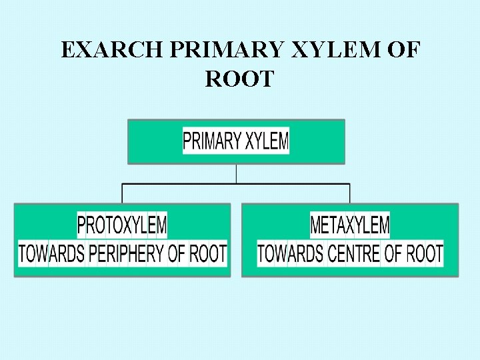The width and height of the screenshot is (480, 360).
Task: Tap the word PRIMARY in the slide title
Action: pyautogui.click(x=203, y=51)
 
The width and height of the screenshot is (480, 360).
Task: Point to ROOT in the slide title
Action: pyautogui.click(x=239, y=79)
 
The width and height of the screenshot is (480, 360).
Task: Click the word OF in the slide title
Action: pyautogui.click(x=402, y=51)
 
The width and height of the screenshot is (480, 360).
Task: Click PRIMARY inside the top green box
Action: pyautogui.click(x=212, y=141)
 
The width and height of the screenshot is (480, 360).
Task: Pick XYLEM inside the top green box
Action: pyautogui.click(x=266, y=141)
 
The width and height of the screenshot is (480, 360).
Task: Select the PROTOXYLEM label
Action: pyautogui.click(x=122, y=225)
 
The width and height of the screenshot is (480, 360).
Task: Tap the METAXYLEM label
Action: pyautogui.click(x=350, y=225)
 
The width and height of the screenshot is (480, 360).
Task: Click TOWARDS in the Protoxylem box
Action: pyautogui.click(x=52, y=253)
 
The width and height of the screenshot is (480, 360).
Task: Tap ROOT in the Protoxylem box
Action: pyautogui.click(x=208, y=253)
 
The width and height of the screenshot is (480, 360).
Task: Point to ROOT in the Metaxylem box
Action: pyautogui.click(x=425, y=253)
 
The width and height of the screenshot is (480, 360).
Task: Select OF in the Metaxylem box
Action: pyautogui.click(x=393, y=253)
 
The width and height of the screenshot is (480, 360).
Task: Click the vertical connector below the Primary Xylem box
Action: pyautogui.click(x=237, y=173)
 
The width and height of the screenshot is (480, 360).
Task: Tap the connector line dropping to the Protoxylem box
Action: pyautogui.click(x=122, y=193)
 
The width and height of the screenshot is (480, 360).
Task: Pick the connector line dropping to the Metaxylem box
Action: pyautogui.click(x=350, y=193)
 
